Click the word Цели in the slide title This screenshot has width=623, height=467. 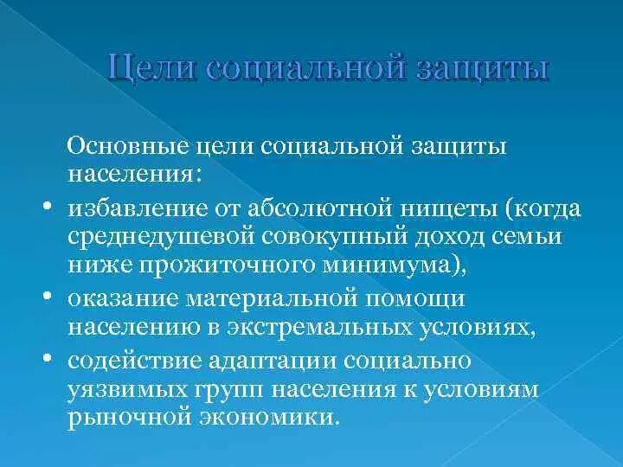tap(152, 68)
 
